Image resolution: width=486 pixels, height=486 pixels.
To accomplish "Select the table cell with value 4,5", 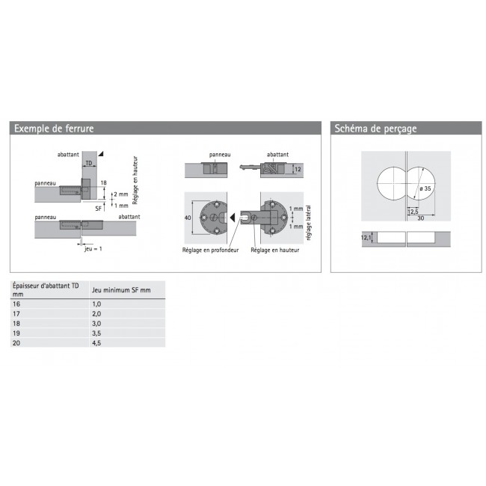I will tap(96, 342).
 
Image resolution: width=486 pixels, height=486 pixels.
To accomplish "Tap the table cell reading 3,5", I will tap(96, 333).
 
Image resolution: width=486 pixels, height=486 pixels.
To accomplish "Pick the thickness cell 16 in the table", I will tap(17, 304).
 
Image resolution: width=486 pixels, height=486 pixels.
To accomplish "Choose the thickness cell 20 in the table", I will tap(17, 342).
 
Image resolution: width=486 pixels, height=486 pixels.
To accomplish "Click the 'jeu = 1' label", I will tap(93, 249).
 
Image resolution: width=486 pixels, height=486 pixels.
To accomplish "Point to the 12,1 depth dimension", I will tap(365, 238).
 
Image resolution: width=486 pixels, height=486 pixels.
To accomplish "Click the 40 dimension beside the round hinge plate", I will tap(188, 218).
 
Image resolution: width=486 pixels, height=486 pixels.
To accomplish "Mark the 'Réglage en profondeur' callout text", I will tap(209, 250).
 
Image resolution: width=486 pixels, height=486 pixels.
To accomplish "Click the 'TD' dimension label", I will tap(89, 162).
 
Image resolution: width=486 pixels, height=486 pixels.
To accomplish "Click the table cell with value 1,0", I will tap(96, 304).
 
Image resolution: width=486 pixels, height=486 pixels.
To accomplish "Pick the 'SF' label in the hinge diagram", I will tap(99, 200).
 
